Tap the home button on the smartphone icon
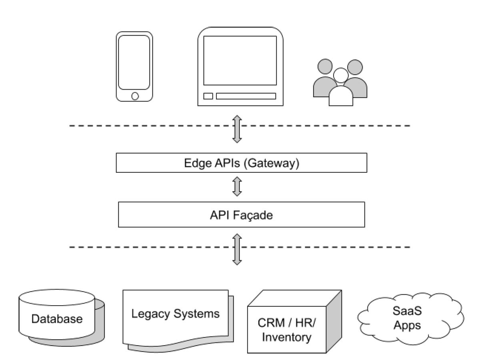135,96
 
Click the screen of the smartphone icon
134,62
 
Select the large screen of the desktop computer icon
240,60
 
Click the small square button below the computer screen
208,96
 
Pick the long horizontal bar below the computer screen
246,96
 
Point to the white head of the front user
341,75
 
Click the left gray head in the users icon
325,66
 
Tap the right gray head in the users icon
355,67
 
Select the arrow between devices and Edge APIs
237,129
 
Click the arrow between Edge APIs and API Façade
237,186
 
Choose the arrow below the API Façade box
237,249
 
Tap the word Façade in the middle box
253,215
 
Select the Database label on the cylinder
57,319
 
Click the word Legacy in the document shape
151,314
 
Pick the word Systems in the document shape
196,314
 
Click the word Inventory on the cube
286,337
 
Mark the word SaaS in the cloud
407,311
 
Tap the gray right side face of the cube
334,321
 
